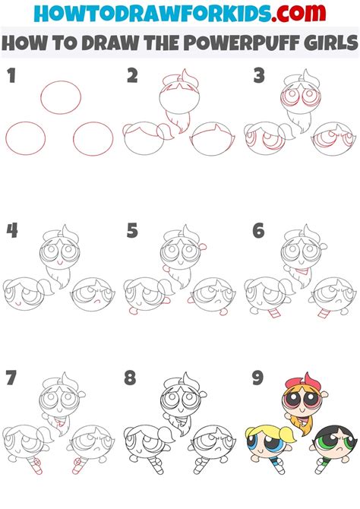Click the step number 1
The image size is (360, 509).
click(x=11, y=76)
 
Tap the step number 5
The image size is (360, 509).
click(x=132, y=230)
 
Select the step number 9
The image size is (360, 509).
click(x=257, y=378)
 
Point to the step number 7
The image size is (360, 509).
click(x=11, y=378)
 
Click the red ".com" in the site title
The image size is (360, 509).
click(x=298, y=13)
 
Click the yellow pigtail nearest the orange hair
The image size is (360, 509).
click(x=287, y=434)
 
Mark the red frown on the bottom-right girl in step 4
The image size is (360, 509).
click(x=96, y=301)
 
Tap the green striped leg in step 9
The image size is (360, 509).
click(x=322, y=465)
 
